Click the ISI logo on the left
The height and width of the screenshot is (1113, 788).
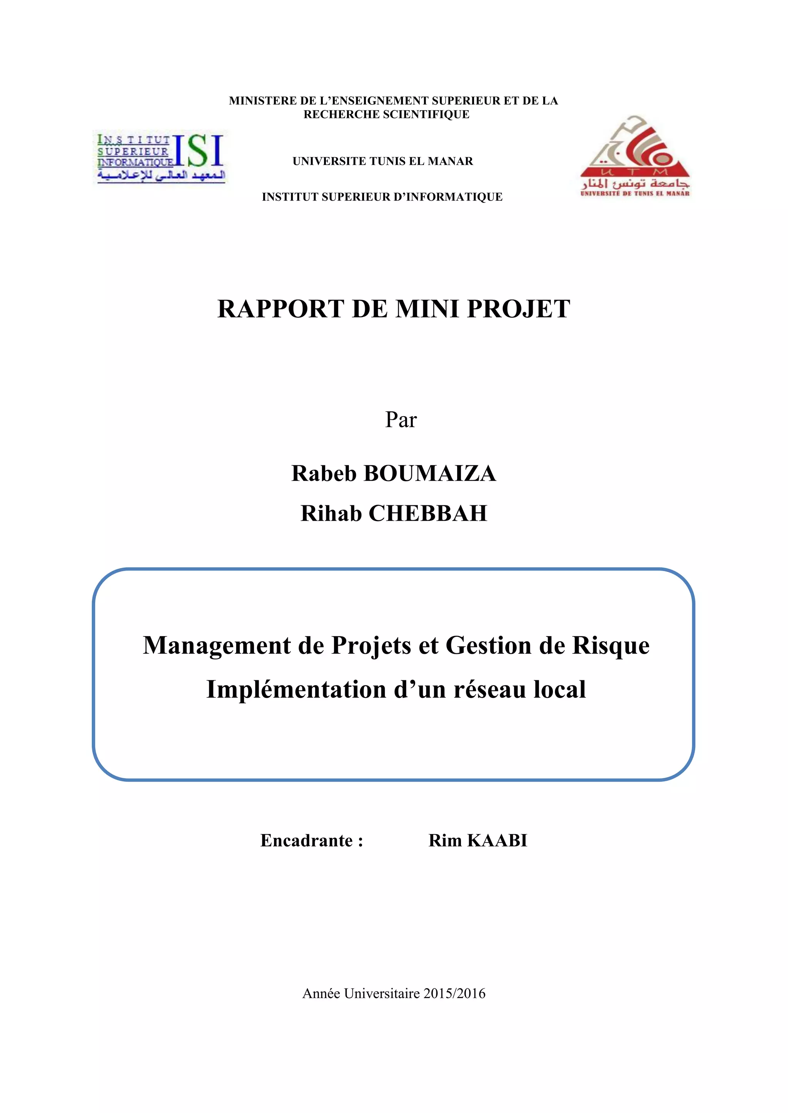(160, 158)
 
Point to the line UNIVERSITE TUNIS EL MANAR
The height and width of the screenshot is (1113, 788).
(382, 161)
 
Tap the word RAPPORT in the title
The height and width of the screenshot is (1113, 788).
(281, 309)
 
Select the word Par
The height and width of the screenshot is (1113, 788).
(401, 420)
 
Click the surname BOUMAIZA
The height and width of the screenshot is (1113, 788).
(429, 473)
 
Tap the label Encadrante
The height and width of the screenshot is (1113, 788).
(307, 841)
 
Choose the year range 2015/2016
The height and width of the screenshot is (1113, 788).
(454, 994)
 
